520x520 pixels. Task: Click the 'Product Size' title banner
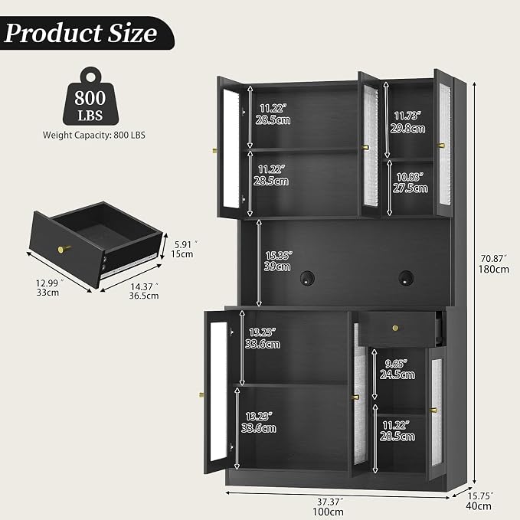pyautogui.click(x=87, y=33)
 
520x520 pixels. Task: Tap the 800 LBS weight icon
pyautogui.click(x=90, y=96)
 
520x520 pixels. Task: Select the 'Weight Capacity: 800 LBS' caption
pyautogui.click(x=94, y=135)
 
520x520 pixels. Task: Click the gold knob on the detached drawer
pyautogui.click(x=63, y=249)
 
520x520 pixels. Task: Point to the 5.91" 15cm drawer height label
pyautogui.click(x=183, y=250)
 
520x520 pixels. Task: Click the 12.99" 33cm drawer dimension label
pyautogui.click(x=48, y=287)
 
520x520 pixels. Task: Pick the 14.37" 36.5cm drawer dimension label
pyautogui.click(x=144, y=291)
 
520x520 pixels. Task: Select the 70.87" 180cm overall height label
pyautogui.click(x=493, y=263)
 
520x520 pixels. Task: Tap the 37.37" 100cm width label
pyautogui.click(x=328, y=507)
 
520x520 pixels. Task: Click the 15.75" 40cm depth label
pyautogui.click(x=479, y=501)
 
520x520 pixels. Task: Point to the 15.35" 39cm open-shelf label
pyautogui.click(x=278, y=261)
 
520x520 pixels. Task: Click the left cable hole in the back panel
pyautogui.click(x=307, y=278)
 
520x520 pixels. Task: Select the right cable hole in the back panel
pyautogui.click(x=406, y=277)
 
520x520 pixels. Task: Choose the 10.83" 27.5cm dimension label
pyautogui.click(x=410, y=182)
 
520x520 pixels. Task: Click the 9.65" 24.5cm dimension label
pyautogui.click(x=397, y=369)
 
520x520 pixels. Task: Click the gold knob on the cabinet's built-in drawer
pyautogui.click(x=395, y=328)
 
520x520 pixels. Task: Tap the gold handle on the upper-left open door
pyautogui.click(x=215, y=151)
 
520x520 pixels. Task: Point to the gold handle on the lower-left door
pyautogui.click(x=201, y=394)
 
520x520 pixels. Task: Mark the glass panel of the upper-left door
pyautogui.click(x=231, y=149)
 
